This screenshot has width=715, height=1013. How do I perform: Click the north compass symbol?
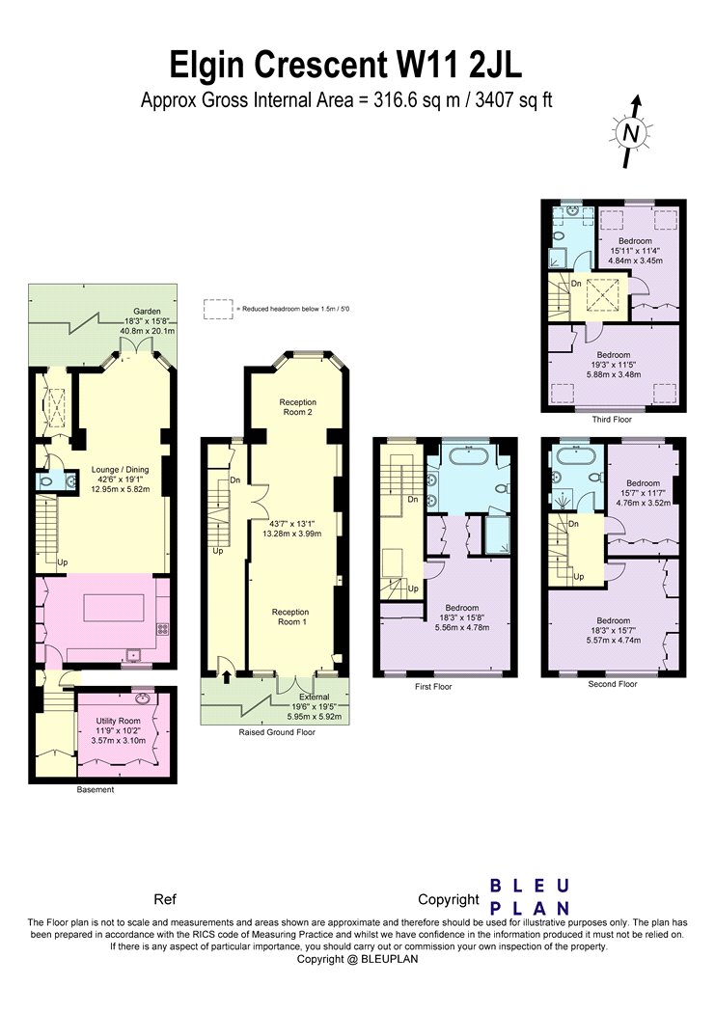pos(631,132)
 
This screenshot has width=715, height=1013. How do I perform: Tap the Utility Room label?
pos(118,721)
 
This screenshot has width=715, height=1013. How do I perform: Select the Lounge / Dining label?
pos(121,470)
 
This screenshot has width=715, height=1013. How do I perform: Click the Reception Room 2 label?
pos(298,407)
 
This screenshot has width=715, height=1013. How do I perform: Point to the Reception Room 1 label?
pos(290,617)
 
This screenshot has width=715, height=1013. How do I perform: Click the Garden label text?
pos(147,312)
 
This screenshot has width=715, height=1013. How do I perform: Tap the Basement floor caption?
pos(96,789)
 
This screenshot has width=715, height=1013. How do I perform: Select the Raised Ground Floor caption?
pos(277,732)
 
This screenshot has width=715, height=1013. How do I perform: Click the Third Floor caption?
pos(612,420)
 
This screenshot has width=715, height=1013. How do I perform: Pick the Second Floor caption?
pos(613,683)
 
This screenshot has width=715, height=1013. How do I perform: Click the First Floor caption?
pos(433,686)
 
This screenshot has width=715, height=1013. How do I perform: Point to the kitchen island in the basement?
pos(114,607)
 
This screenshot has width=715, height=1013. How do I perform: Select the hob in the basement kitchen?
pos(162,629)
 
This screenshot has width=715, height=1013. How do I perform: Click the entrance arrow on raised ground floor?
pos(227,676)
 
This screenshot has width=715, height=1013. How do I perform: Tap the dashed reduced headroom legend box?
pos(218,309)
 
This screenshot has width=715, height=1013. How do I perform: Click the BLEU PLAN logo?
pos(530,896)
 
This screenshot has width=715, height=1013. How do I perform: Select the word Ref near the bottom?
pos(165,899)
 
